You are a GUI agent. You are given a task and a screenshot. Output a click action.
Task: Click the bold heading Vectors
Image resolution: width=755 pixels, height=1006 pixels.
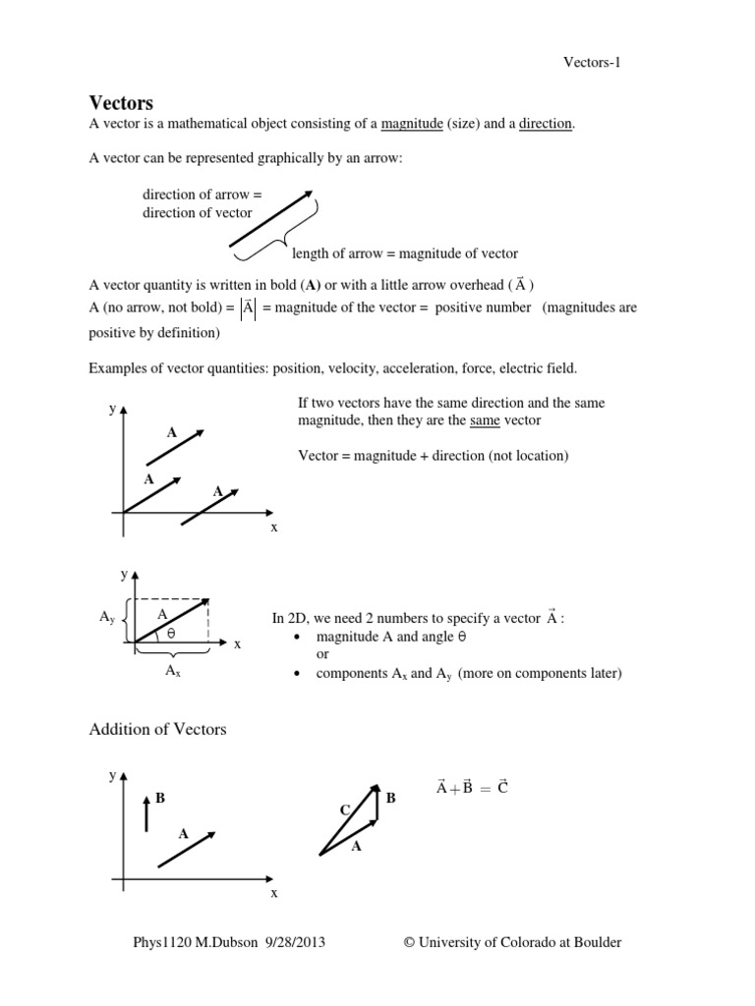(x=121, y=102)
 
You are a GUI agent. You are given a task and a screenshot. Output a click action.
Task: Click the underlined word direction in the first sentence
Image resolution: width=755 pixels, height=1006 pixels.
(x=546, y=124)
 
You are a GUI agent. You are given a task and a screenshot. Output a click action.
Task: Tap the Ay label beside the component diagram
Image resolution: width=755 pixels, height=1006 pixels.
(x=108, y=617)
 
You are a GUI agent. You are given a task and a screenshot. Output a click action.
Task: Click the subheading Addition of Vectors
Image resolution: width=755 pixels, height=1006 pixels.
(x=157, y=729)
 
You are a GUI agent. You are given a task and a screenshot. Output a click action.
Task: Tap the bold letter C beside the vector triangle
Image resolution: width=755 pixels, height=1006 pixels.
(x=344, y=810)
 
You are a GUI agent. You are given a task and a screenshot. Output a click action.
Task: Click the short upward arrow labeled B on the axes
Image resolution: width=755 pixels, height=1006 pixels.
(x=146, y=812)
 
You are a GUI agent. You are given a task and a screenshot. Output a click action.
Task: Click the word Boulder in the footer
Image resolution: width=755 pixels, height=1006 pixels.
(x=594, y=942)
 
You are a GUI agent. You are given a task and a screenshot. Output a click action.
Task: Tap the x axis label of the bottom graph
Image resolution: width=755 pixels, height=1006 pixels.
(x=274, y=893)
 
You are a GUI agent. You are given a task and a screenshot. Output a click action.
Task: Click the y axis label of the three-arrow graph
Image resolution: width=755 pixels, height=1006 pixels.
(x=113, y=408)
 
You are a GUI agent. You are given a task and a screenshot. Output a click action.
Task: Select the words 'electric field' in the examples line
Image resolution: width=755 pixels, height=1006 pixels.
(x=539, y=367)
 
